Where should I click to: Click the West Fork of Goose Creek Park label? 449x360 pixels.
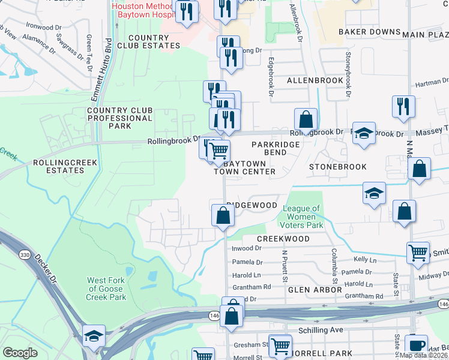pyautogui.click(x=107, y=289)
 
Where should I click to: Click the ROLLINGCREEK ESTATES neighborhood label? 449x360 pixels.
pyautogui.click(x=59, y=166)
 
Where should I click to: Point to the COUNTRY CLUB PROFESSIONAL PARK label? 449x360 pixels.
pyautogui.click(x=120, y=118)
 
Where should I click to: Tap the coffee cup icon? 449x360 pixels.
pyautogui.click(x=416, y=346)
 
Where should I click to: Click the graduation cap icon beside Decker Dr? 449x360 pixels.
pyautogui.click(x=94, y=337)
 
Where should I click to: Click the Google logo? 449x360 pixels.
pyautogui.click(x=20, y=353)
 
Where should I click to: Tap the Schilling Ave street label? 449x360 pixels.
pyautogui.click(x=322, y=331)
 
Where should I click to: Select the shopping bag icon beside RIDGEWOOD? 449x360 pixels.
pyautogui.click(x=223, y=215)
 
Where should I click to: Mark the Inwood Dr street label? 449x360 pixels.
pyautogui.click(x=247, y=248)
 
